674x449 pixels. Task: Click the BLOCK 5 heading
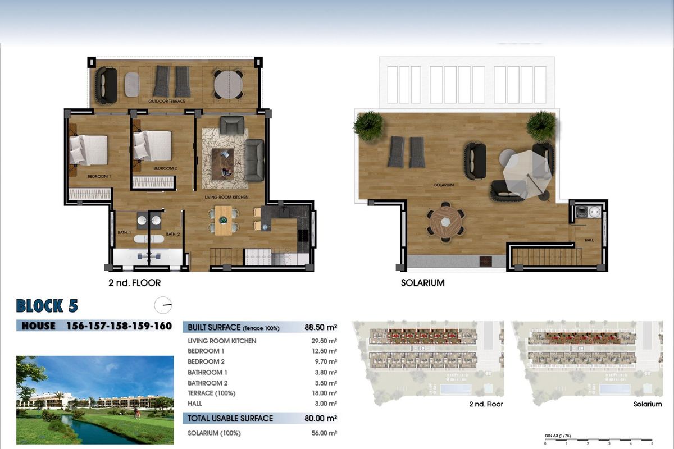pos(47,306)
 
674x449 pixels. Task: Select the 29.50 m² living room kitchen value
pos(325,341)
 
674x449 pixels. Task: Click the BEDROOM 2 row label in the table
pos(206,361)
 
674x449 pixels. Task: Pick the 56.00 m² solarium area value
pos(325,433)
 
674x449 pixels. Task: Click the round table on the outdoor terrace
pos(228,85)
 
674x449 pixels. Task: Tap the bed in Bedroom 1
pos(88,150)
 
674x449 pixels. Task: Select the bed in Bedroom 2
pos(152,146)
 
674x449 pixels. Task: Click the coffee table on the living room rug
pos(222,161)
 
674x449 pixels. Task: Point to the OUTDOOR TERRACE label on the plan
pos(167,101)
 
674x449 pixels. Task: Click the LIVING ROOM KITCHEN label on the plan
pos(226,198)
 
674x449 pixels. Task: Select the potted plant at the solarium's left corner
pos(368,125)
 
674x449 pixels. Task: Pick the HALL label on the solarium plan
pos(589,240)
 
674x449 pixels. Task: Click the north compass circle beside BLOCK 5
pos(163,305)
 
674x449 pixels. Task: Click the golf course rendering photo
pos(95,400)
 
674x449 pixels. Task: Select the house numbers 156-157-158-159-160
pos(119,326)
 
